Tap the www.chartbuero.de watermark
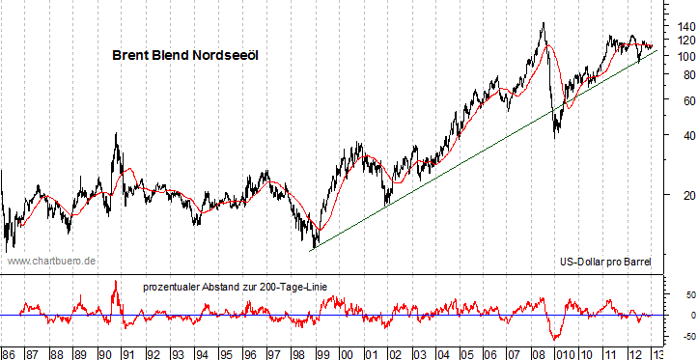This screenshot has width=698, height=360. (50, 261)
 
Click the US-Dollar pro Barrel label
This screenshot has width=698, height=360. (606, 262)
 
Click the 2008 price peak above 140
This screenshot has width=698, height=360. (544, 23)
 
